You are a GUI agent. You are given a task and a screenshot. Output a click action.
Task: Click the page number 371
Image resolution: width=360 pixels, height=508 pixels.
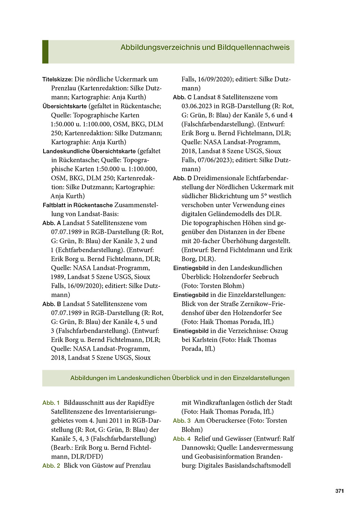pos(339,491)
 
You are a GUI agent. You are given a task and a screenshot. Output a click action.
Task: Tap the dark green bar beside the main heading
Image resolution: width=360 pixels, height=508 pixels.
pos(45,52)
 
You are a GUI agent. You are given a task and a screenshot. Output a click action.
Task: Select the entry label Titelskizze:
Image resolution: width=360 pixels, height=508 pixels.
pos(58,79)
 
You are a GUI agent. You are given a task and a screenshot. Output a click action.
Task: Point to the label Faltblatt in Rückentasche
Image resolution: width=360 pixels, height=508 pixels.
pos(78,205)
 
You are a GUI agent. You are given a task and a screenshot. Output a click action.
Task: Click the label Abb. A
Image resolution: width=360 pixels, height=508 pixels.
pos(51,223)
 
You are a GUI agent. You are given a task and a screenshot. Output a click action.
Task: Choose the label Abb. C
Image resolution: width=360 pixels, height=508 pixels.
pos(182,97)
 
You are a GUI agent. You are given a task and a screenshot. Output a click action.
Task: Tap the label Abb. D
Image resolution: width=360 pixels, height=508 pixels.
pos(182,178)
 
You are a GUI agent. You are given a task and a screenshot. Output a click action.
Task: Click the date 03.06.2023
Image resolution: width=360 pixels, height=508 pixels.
pos(199,106)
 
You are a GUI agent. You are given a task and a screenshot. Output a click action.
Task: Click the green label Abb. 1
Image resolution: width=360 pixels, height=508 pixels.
pos(51,403)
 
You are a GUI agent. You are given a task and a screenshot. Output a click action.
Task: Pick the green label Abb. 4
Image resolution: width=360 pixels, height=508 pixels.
pos(181,439)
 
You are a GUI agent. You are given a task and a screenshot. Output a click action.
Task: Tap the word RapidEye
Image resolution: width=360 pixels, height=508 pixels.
pos(142,403)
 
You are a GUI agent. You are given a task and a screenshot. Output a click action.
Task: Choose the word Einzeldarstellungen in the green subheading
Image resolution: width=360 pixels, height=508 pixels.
pos(261,378)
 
